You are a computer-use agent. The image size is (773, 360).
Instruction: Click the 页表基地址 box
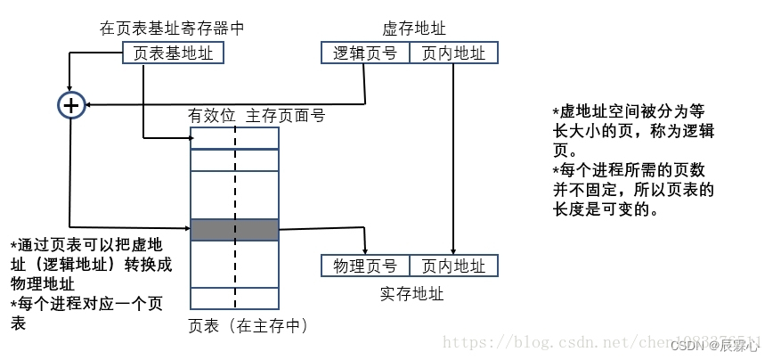pos(173,53)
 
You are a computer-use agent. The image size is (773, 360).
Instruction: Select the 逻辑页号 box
pos(364,53)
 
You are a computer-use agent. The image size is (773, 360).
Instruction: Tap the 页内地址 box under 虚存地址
pos(453,53)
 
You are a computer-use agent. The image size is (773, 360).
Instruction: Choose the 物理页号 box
pos(364,266)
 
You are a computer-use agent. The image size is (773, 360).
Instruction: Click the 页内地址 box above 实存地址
pos(453,266)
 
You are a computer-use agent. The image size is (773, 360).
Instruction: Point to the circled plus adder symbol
pos(70,105)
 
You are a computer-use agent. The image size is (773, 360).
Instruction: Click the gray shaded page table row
pos(234,230)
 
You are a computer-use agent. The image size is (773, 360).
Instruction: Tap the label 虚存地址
pos(409,29)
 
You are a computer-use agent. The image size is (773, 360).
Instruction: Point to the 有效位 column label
pos(211,116)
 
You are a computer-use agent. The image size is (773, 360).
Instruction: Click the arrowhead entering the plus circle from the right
pos(88,105)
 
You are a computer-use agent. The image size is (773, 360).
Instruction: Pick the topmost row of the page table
pos(234,138)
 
